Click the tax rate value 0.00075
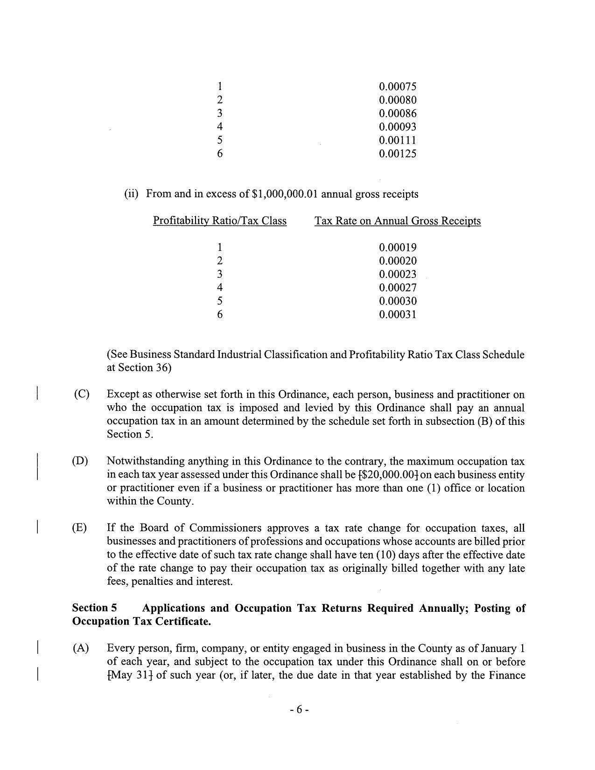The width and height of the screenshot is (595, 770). click(x=397, y=87)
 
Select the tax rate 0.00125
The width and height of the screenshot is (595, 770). click(x=397, y=154)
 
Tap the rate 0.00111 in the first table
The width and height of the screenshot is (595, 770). click(x=397, y=140)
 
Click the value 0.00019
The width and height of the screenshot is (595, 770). click(x=397, y=248)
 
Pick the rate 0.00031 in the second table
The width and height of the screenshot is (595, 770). click(x=397, y=315)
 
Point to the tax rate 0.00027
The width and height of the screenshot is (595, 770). click(x=397, y=288)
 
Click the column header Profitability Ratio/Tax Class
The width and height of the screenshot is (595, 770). click(x=219, y=221)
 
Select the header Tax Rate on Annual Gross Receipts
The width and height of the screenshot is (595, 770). click(x=397, y=221)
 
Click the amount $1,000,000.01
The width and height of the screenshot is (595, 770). click(x=285, y=194)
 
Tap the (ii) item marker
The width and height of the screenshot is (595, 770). click(x=131, y=194)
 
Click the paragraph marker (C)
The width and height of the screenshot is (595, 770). click(x=81, y=394)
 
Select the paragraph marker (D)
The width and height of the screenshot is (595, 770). click(x=80, y=461)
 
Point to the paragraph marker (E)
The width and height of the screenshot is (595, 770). click(x=79, y=528)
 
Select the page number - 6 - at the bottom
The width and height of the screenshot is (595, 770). click(x=299, y=710)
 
